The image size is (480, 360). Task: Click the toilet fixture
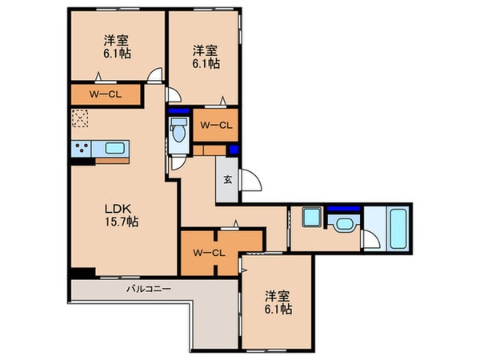[178, 130]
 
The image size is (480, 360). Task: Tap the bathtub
[397, 229]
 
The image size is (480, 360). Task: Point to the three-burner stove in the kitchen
[82, 147]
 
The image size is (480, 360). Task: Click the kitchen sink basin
[114, 147]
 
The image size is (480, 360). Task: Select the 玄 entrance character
[227, 178]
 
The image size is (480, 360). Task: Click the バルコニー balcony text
[150, 288]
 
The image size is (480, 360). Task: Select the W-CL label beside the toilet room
[215, 124]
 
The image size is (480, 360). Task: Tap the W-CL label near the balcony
[210, 254]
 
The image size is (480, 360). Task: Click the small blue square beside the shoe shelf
[234, 150]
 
